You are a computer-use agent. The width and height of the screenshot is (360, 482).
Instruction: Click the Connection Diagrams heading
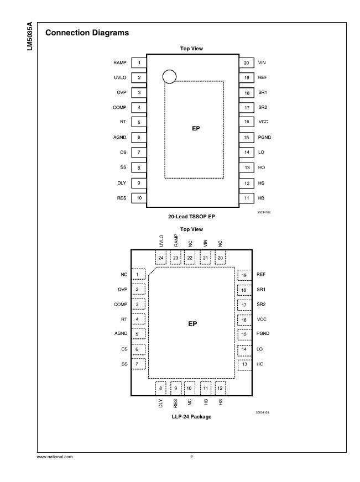pyautogui.click(x=87, y=33)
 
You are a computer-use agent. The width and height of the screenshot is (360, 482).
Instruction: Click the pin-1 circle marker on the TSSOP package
pyautogui.click(x=170, y=76)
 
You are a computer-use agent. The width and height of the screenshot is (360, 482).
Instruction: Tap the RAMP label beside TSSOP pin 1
pyautogui.click(x=121, y=63)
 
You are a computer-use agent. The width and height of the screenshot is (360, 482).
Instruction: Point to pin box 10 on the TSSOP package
pyautogui.click(x=139, y=198)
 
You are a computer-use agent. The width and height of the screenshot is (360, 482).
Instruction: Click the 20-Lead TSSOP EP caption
pyautogui.click(x=191, y=217)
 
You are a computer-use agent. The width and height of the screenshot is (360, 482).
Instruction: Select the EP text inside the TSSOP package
pyautogui.click(x=195, y=128)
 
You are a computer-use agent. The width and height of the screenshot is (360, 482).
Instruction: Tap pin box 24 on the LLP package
pyautogui.click(x=161, y=258)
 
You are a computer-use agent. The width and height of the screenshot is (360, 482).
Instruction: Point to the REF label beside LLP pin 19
pyautogui.click(x=262, y=275)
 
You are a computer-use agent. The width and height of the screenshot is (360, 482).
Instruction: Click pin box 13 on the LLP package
pyautogui.click(x=244, y=364)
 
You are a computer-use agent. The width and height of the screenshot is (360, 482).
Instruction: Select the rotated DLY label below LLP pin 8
pyautogui.click(x=161, y=404)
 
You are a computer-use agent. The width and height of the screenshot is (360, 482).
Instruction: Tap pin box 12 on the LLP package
pyautogui.click(x=220, y=388)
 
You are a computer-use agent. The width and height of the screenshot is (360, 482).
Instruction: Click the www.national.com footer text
pyautogui.click(x=54, y=457)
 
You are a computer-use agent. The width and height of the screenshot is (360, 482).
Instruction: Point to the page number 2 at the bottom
pyautogui.click(x=191, y=457)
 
